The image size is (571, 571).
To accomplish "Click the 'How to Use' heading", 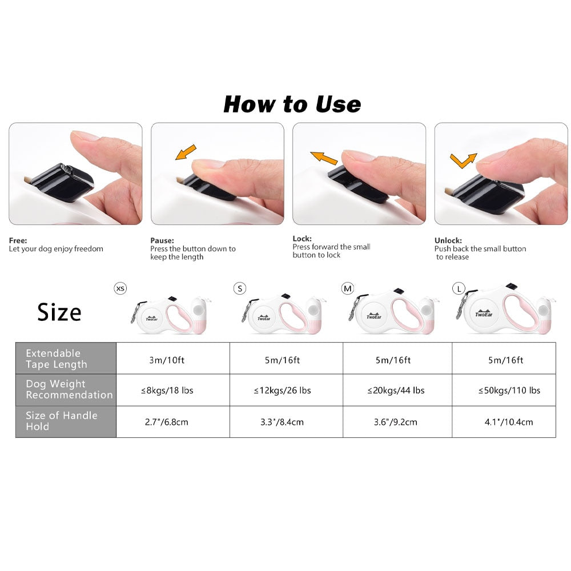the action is click(292, 104).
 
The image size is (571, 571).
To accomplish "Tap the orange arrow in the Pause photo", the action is click(186, 152).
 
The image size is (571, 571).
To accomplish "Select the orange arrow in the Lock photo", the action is click(324, 158).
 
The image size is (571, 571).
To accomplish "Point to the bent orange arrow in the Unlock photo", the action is click(463, 160).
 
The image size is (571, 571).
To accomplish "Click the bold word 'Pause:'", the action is click(162, 240).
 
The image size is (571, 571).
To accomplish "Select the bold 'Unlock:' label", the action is click(448, 240).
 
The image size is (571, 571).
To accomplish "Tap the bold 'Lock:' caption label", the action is click(302, 239).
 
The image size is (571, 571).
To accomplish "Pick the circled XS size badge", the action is click(120, 288).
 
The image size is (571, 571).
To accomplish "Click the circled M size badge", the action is click(348, 289).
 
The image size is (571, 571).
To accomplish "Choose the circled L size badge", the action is click(459, 289).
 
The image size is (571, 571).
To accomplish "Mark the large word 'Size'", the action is click(59, 312).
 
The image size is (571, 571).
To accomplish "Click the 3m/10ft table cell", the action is click(167, 360).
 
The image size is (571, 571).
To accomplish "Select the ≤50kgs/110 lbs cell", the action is click(509, 391).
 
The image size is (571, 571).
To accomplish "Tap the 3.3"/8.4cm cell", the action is click(282, 422).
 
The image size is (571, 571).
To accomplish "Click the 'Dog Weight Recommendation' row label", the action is click(69, 389).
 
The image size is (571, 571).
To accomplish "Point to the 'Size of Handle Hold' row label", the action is click(62, 421).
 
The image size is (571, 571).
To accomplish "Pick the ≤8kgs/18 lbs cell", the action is click(167, 391).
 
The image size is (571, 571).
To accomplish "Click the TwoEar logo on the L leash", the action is click(484, 313).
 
